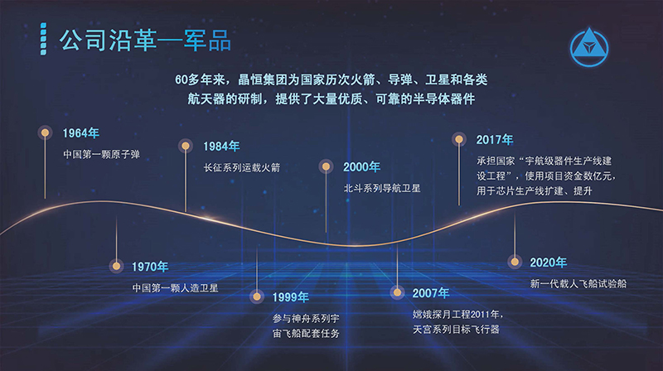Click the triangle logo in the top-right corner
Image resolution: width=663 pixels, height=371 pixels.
coord(589,47)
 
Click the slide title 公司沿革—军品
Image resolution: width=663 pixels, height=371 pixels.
coord(145,41)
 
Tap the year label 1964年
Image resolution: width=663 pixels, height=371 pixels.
coord(80,133)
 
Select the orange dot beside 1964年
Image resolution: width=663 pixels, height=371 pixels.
coord(45,132)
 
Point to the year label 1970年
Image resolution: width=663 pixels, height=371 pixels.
coord(150,267)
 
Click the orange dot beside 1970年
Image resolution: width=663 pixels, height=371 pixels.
coord(116,266)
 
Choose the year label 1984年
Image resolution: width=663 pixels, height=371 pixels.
coord(221,147)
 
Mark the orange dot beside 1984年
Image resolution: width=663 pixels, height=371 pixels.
coord(185,146)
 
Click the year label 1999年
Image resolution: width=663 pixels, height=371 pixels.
coord(291,297)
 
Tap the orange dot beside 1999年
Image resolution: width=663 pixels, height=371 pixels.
coord(256,296)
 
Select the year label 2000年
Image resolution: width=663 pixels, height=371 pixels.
coord(361,167)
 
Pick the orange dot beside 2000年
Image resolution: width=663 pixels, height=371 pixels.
coord(326,166)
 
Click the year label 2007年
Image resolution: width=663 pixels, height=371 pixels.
coord(431,293)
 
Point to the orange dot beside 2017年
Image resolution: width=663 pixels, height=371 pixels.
coord(459,138)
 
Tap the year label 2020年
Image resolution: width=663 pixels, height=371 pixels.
coord(549,263)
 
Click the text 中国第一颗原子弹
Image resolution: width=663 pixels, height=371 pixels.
coord(101,154)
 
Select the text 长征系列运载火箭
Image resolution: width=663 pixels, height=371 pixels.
coord(242,167)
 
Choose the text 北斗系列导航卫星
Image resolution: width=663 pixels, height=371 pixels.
coord(382,188)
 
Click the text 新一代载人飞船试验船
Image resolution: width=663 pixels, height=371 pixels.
coord(578,283)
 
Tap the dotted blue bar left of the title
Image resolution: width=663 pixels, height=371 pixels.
coord(43,39)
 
